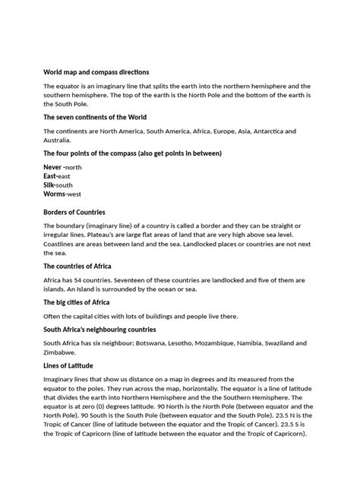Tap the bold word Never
pos(52,166)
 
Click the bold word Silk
pos(49,185)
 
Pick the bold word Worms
pos(55,194)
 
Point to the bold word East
pos(50,175)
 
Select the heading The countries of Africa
pos(78,267)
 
